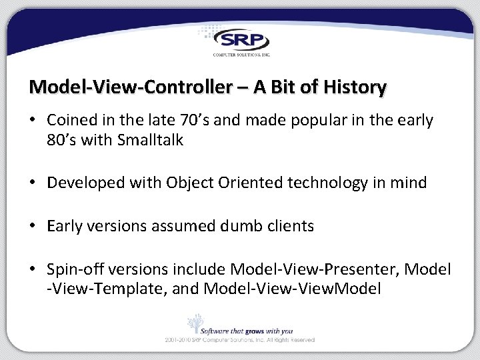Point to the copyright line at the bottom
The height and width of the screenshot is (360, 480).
[240, 340]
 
